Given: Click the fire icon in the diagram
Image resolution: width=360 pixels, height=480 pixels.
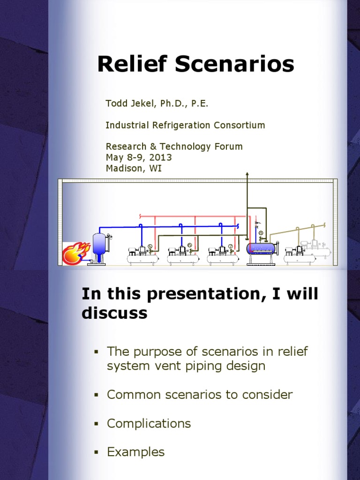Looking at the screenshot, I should pos(75,253).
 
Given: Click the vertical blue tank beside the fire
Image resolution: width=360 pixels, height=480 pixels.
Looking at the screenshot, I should pos(99,244).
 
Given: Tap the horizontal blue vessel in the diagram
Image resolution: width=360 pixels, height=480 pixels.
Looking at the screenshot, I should pos(262,248).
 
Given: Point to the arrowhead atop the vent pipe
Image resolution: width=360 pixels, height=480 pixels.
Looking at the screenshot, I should pos(247,174).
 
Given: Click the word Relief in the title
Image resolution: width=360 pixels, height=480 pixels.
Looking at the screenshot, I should pos(133,64).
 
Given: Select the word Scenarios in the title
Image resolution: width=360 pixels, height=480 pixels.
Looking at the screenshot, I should pos(235,64).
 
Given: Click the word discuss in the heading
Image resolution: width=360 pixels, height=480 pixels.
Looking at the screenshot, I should pos(114,313).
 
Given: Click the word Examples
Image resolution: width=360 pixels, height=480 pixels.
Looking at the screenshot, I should pos(136,452).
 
